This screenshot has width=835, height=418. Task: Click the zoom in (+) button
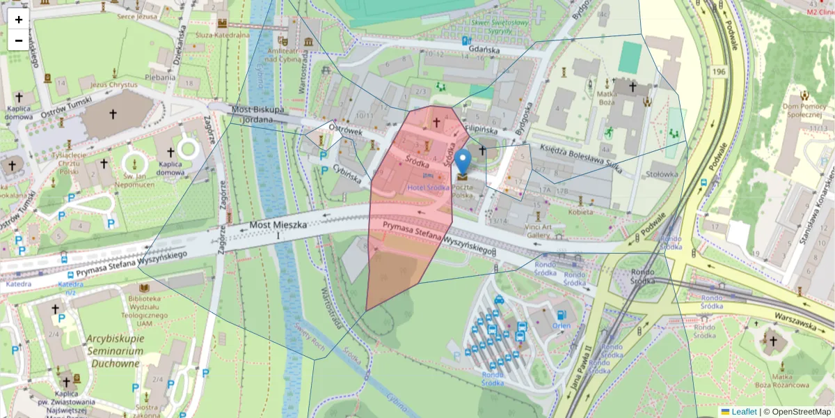pyautogui.click(x=19, y=20)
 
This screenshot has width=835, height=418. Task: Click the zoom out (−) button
pyautogui.click(x=19, y=40)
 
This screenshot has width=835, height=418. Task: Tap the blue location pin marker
pyautogui.click(x=462, y=161)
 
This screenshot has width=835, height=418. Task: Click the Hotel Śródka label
pyautogui.click(x=428, y=187)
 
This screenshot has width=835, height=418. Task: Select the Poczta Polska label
pyautogui.click(x=462, y=192)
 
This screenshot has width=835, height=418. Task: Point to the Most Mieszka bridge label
pyautogui.click(x=278, y=226)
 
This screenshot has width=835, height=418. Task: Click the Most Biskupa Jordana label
pyautogui.click(x=257, y=114)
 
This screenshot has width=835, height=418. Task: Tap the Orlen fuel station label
pyautogui.click(x=561, y=325)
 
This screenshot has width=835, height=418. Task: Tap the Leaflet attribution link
pyautogui.click(x=744, y=412)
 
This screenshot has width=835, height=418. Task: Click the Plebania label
pyautogui.click(x=161, y=77)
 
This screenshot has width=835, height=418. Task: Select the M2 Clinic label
pyautogui.click(x=820, y=12)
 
